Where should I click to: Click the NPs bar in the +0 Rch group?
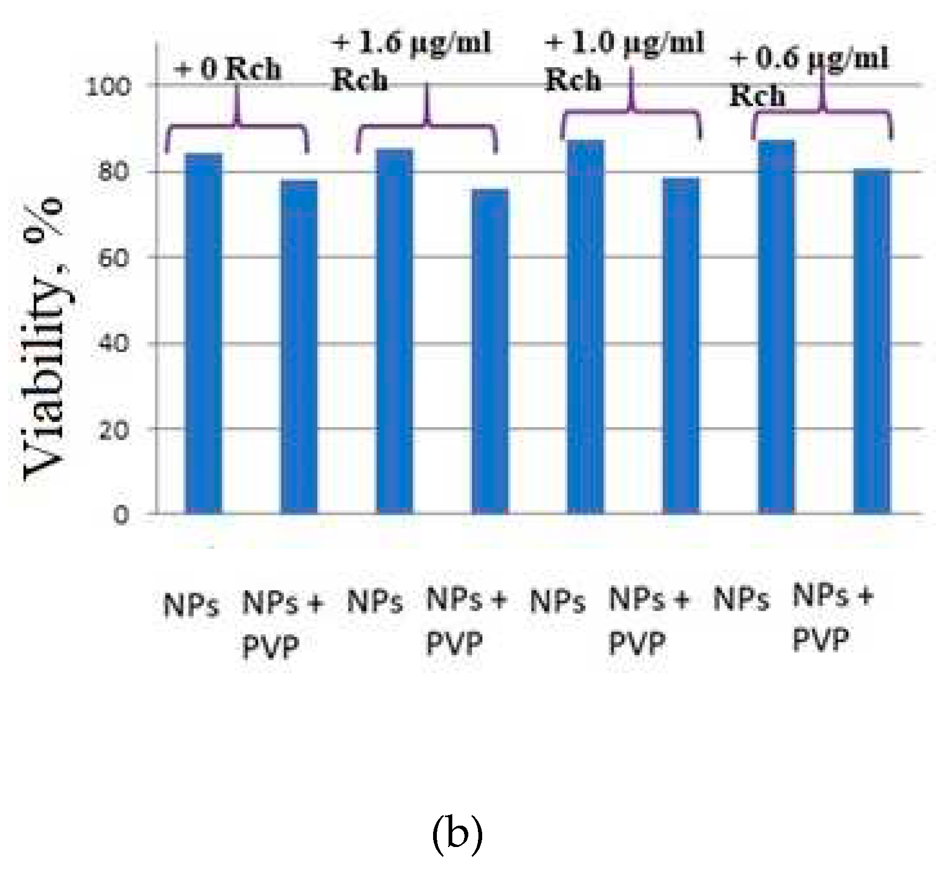click(x=203, y=333)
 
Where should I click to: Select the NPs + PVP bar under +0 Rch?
click(x=299, y=347)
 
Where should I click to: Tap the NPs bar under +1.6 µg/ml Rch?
click(x=395, y=331)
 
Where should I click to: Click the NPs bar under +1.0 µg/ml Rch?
click(x=586, y=326)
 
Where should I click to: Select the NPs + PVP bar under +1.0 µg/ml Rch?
click(x=681, y=345)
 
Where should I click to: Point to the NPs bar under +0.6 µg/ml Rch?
click(x=777, y=326)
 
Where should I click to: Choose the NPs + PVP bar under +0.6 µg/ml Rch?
click(x=872, y=341)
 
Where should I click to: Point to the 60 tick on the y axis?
click(x=114, y=259)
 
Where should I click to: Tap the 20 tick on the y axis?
click(x=114, y=430)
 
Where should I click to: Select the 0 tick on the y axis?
click(x=121, y=516)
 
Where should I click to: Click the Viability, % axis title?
click(x=45, y=341)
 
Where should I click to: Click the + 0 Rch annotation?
click(x=228, y=70)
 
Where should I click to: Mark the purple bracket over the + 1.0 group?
click(x=631, y=112)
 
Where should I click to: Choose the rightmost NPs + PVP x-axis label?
click(x=832, y=618)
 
